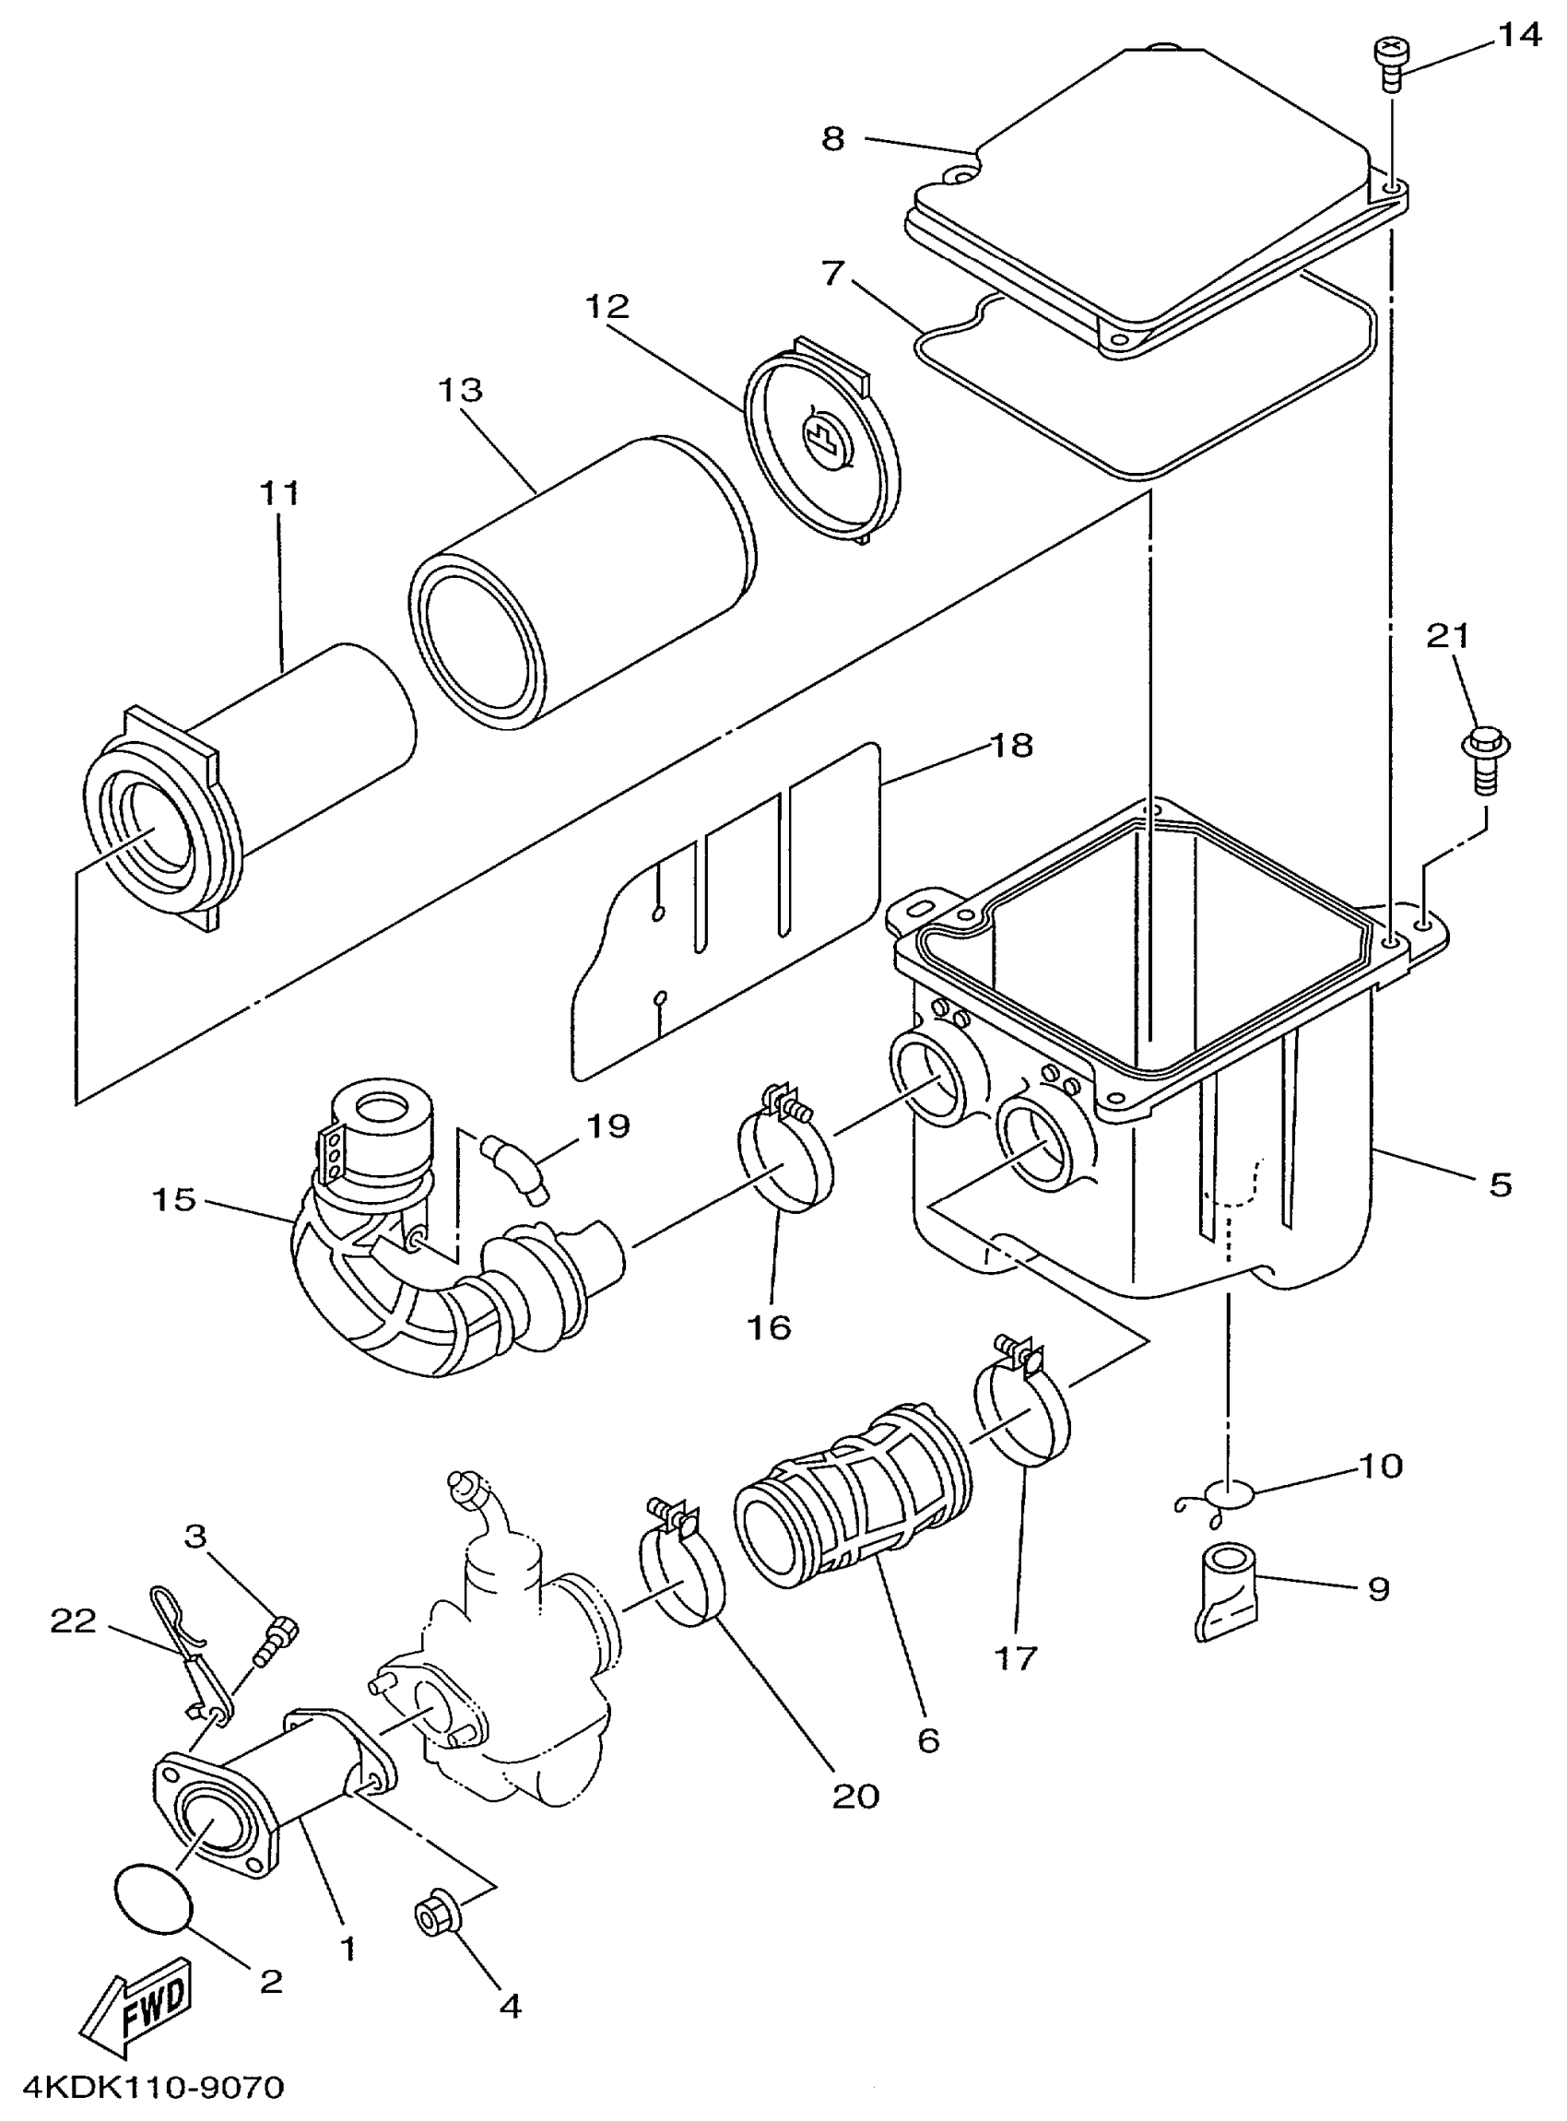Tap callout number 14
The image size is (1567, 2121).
tap(1520, 36)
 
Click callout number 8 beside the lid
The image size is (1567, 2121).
tap(831, 139)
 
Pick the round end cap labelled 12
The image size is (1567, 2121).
tap(821, 443)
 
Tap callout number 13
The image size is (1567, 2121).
tap(461, 390)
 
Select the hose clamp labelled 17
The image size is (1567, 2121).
tap(1023, 1416)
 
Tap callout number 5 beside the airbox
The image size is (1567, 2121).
tap(1500, 1184)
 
